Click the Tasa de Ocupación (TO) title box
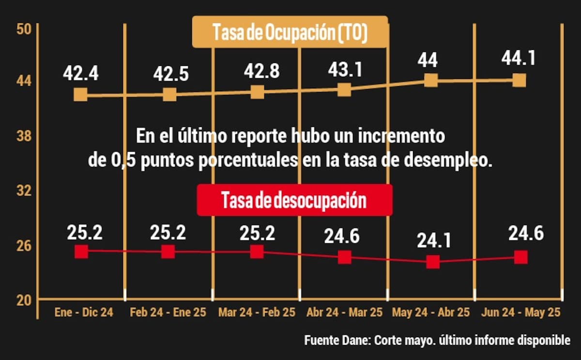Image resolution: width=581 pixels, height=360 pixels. [290, 32]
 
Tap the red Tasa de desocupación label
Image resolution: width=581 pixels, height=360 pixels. [294, 200]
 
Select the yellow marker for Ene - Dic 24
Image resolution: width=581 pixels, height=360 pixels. [81, 94]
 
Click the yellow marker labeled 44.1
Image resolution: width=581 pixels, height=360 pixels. [519, 80]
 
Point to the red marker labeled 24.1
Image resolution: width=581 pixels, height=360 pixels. [432, 262]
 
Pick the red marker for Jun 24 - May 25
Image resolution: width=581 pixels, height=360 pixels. [520, 257]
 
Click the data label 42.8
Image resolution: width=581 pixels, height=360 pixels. [262, 71]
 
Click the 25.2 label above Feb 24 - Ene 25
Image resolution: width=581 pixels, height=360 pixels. [168, 233]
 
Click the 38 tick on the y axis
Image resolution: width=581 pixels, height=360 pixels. [23, 136]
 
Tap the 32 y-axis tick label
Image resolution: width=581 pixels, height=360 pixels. [23, 190]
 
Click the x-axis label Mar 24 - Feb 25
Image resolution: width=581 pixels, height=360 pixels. [257, 313]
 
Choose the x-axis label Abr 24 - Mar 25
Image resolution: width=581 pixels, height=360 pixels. [345, 313]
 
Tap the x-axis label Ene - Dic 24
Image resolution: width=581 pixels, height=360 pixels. [84, 313]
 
